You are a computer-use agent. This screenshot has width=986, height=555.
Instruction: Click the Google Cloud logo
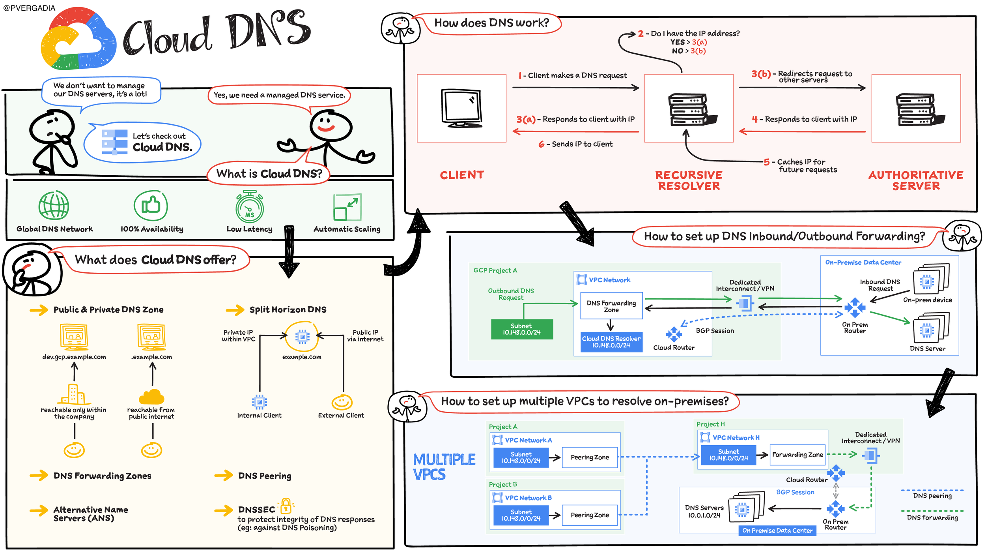point(78,39)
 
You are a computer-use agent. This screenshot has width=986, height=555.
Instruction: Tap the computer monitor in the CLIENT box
point(461,108)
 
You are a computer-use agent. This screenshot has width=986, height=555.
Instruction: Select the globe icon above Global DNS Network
point(54,205)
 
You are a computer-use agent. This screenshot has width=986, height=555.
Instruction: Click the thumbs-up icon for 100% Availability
point(151,205)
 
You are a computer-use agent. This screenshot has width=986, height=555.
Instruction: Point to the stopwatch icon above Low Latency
point(250,206)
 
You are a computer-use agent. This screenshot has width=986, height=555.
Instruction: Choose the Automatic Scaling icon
point(347,207)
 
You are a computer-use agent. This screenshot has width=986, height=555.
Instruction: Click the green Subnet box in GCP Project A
point(522,329)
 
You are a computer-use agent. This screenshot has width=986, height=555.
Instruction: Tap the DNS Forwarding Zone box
point(611,306)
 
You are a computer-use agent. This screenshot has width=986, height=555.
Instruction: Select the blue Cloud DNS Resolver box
point(611,342)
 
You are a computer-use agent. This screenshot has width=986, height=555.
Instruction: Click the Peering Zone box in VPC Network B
point(590,515)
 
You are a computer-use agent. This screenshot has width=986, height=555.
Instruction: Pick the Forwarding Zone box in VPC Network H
point(797,455)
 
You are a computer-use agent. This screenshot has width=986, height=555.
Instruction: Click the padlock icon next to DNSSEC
point(286,506)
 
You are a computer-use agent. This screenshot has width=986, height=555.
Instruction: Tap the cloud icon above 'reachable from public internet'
point(151,397)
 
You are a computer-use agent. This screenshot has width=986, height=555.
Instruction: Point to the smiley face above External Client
point(342,402)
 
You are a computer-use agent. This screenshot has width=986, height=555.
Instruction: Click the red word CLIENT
point(462,175)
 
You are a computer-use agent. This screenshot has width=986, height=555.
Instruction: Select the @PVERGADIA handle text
point(29,8)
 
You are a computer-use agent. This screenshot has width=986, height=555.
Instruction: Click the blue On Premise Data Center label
point(777,531)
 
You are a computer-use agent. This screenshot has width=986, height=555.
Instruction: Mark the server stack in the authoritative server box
point(920,110)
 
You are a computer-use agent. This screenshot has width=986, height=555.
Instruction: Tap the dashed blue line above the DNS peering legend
point(932,490)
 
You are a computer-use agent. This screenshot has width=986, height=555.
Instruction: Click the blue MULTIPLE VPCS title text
point(444,467)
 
